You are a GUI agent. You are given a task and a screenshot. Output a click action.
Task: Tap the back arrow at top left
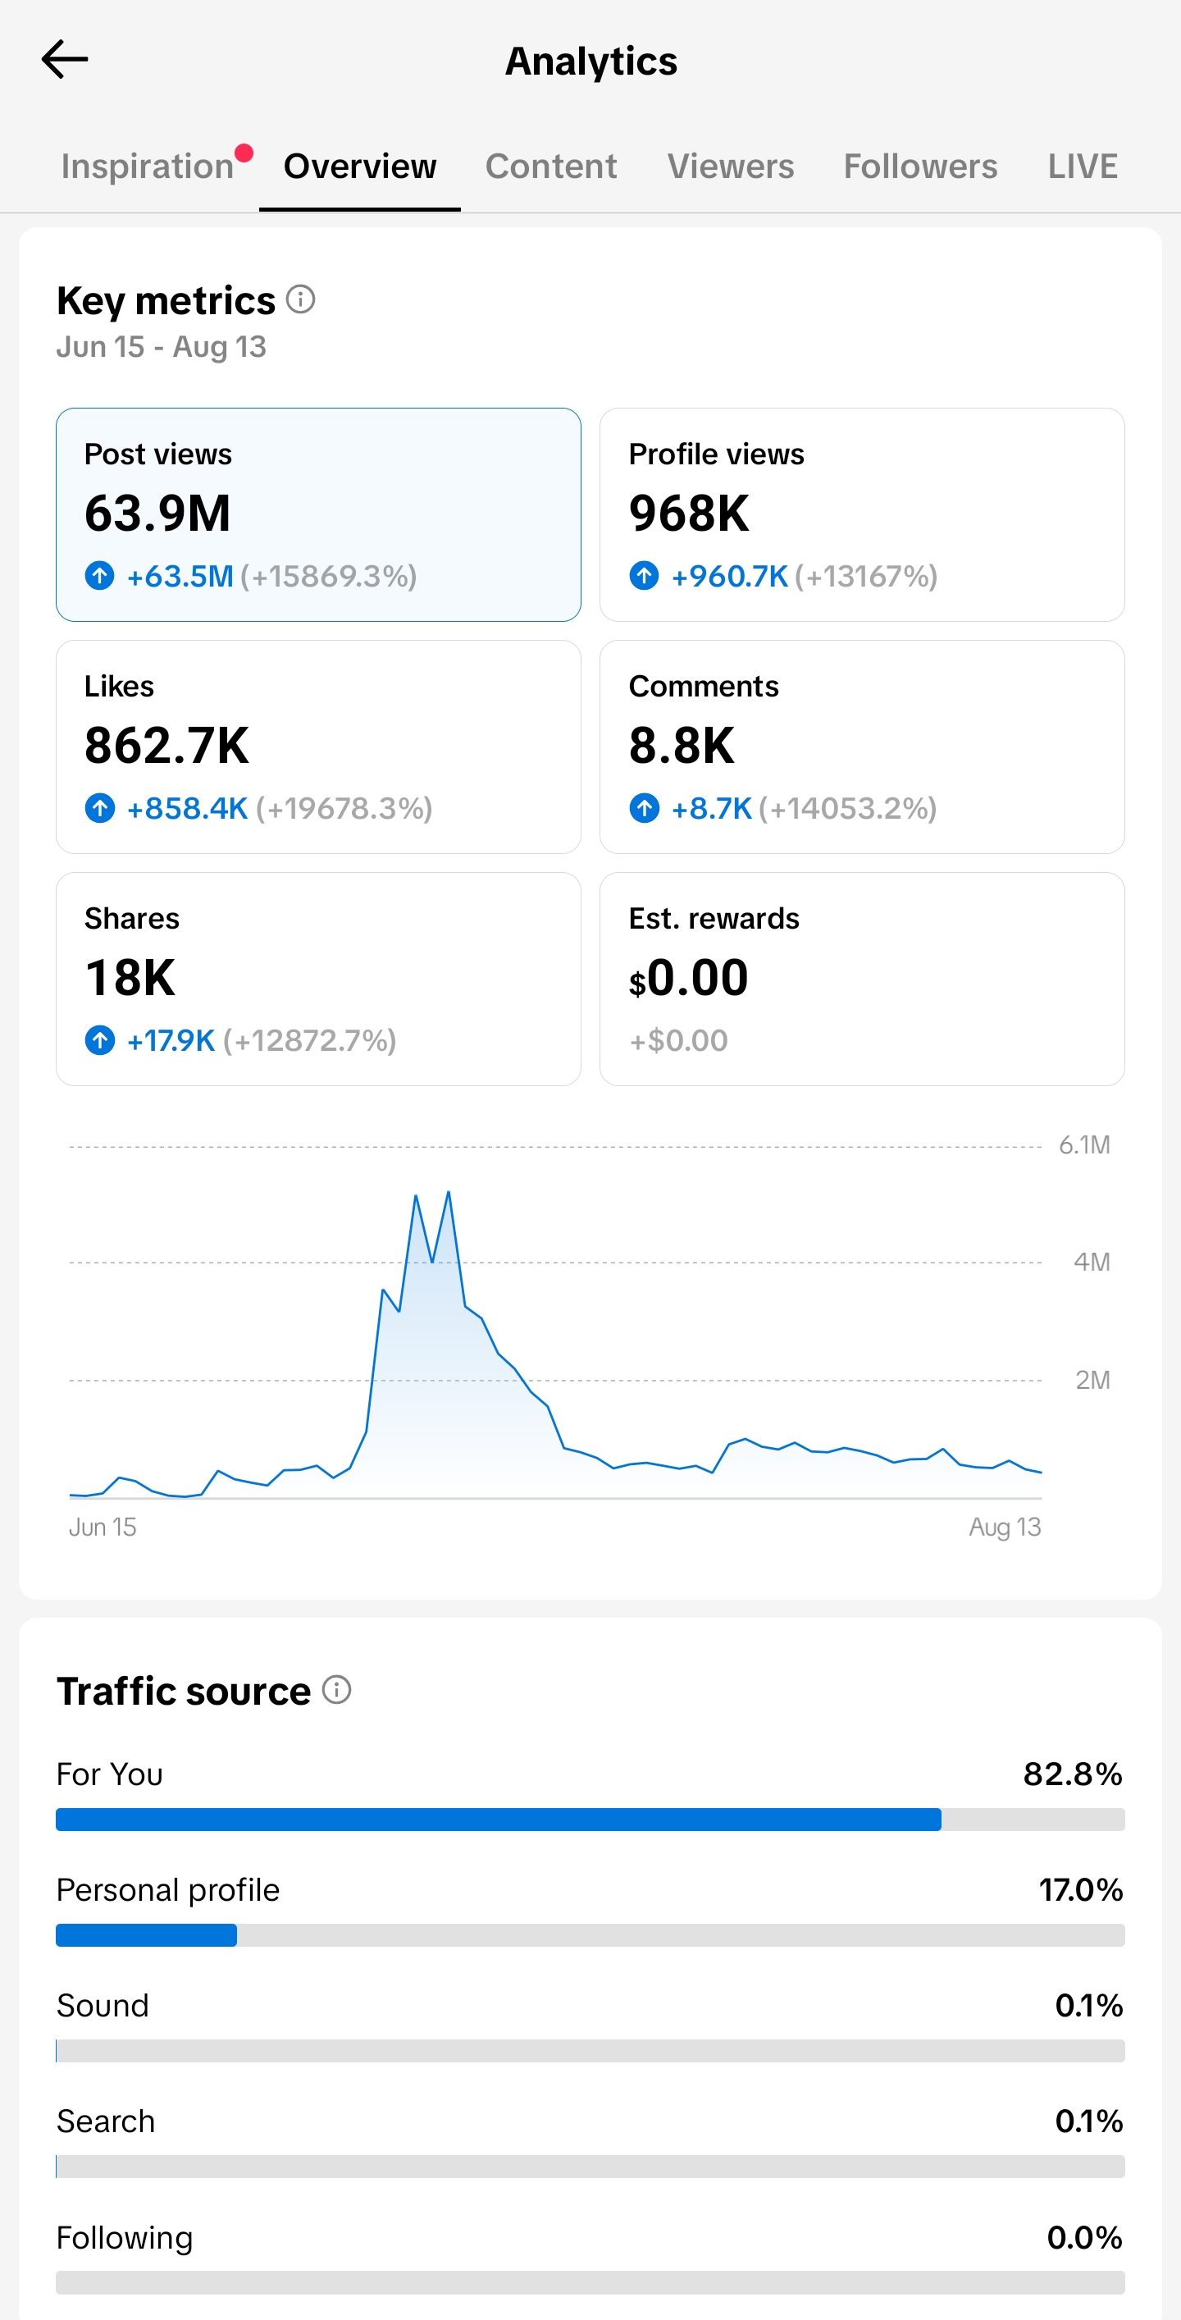pos(65,59)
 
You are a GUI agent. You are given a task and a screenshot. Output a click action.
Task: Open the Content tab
pos(551,167)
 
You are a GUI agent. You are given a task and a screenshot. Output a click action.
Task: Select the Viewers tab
pos(730,167)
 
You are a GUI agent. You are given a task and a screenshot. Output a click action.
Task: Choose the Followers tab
pos(920,167)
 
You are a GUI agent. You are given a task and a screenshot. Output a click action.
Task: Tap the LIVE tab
pos(1082,167)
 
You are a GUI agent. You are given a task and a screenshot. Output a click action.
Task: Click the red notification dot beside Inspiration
pos(244,153)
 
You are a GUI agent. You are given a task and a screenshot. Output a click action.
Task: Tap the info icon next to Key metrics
pos(301,299)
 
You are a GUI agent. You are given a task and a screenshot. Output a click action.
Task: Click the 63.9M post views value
pos(157,514)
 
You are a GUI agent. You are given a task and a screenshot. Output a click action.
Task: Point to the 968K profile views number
pos(689,514)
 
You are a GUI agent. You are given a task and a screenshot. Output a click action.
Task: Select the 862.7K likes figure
pos(166,746)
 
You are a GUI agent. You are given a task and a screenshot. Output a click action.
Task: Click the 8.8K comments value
pos(682,746)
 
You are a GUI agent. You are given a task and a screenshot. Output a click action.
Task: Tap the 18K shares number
pos(130,978)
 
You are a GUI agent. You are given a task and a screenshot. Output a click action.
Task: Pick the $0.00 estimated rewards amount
pos(689,978)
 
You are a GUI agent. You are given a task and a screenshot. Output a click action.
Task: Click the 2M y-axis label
pos(1092,1380)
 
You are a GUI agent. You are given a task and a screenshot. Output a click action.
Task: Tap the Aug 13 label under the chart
pos(1005,1528)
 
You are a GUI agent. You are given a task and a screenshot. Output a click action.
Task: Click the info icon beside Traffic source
pos(336,1690)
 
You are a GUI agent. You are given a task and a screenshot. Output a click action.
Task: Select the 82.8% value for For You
pos(1072,1774)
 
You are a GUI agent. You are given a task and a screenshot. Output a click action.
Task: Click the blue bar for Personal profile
pos(147,1934)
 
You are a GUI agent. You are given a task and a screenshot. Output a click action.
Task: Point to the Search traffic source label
pos(105,2121)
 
